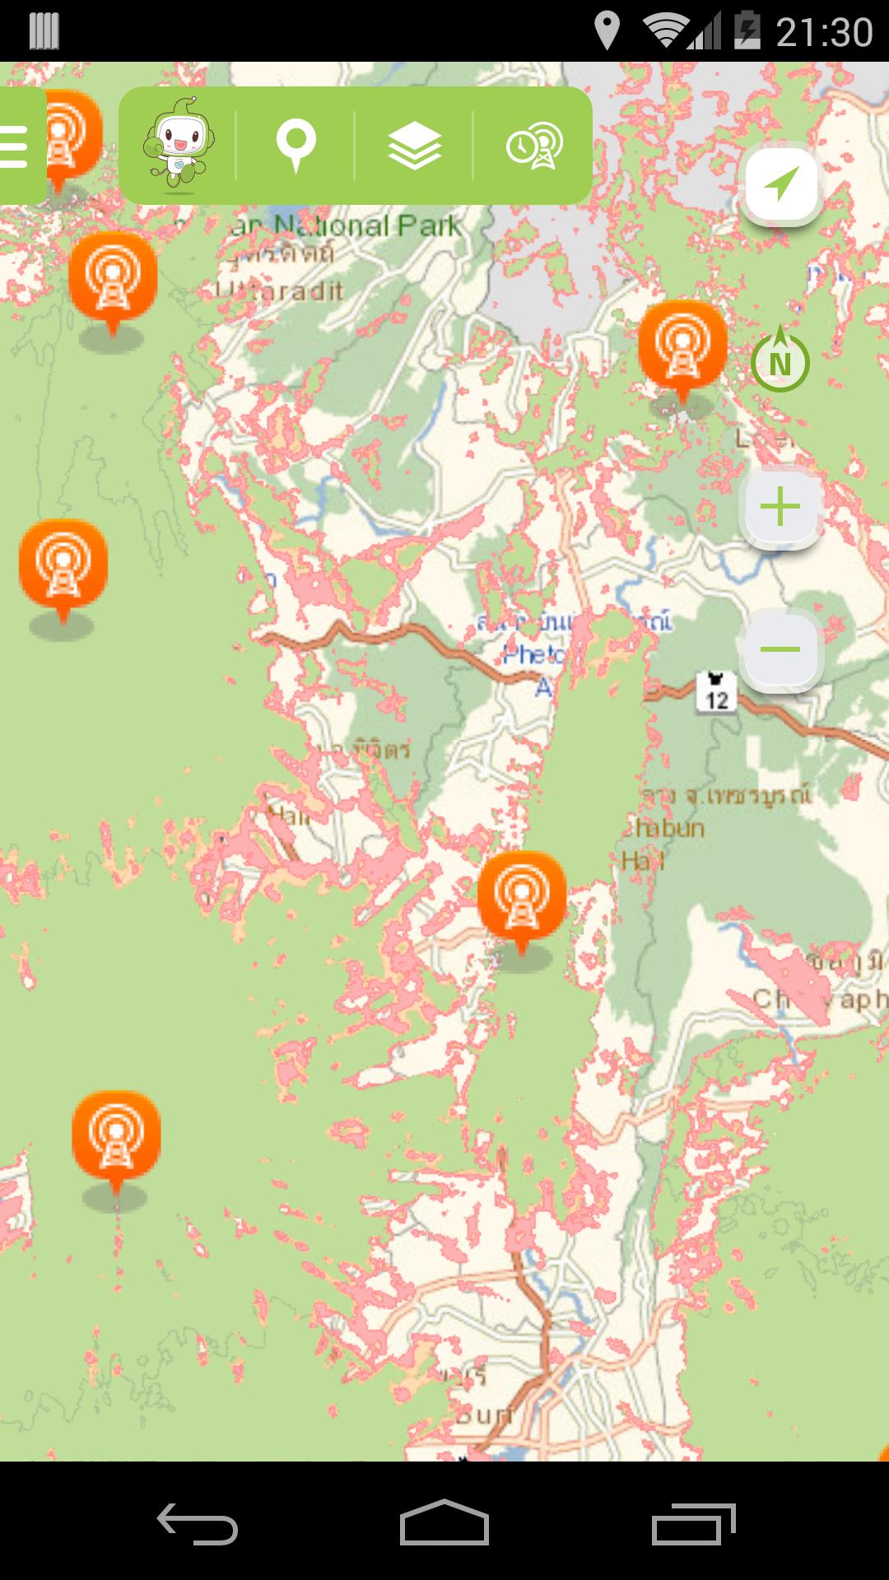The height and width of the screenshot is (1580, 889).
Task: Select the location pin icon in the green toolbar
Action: [296, 146]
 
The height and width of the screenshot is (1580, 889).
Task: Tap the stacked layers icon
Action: [414, 146]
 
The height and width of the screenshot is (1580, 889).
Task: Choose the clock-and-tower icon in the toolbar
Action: [534, 146]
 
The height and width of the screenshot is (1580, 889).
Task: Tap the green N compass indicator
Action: [780, 362]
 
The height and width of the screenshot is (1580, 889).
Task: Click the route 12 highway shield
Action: [715, 692]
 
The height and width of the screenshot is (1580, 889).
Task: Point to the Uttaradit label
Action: [280, 290]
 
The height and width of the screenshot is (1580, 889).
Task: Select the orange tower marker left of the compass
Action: [682, 346]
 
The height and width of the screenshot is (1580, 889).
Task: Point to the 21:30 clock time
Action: [824, 31]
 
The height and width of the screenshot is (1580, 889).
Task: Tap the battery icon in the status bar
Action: [747, 31]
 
